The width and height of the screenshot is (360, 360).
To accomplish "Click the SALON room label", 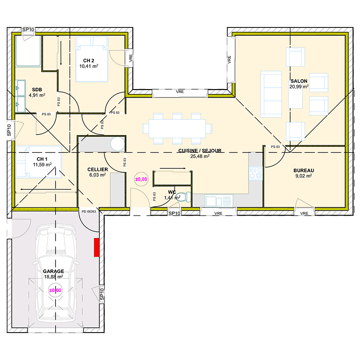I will [x=299, y=81].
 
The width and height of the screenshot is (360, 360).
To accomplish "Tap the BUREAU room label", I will [x=303, y=171].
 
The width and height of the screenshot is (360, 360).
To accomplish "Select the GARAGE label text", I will [x=53, y=272].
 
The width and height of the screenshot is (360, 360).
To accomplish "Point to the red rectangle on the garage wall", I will [x=96, y=247].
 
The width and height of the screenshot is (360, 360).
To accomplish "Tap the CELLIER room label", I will [x=97, y=170].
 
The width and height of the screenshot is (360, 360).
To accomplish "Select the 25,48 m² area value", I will [x=200, y=157].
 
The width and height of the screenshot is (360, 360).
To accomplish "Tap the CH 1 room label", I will [x=42, y=159].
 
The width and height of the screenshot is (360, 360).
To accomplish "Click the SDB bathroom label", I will [x=37, y=89].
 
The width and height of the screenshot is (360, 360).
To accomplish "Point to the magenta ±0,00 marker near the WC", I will [x=141, y=179].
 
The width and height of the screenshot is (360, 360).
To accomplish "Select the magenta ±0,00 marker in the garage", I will [x=55, y=290].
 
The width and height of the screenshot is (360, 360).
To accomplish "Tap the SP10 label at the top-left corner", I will [x=28, y=30].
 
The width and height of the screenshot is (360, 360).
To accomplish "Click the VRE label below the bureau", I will [x=305, y=213].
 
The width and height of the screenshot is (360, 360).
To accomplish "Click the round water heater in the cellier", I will [x=117, y=144].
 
